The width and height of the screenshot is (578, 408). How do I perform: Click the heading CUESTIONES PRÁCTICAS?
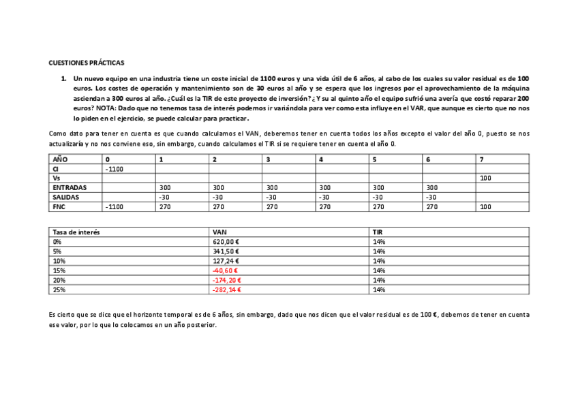click(86, 63)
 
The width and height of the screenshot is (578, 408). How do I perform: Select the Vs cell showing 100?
click(485, 178)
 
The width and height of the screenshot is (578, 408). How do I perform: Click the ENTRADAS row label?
click(68, 187)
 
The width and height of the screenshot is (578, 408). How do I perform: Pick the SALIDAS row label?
click(65, 197)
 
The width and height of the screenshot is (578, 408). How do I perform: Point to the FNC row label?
click(59, 206)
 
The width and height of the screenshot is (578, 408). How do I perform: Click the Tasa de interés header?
click(76, 232)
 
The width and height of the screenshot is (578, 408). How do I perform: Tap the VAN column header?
click(219, 232)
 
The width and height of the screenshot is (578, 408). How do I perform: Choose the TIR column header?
click(378, 232)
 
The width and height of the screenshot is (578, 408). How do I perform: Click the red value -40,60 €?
click(226, 270)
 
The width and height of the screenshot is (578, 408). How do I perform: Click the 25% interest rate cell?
click(59, 289)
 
